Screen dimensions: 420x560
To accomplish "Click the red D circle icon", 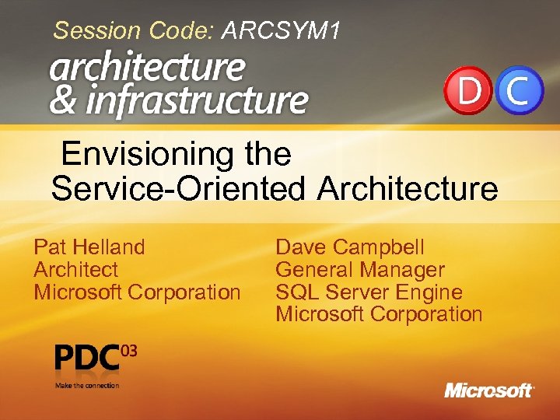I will [468, 92].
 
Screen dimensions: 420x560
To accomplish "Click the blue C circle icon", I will [520, 92].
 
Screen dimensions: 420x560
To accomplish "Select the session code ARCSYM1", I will [282, 31].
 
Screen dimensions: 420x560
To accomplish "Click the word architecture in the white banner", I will [147, 68].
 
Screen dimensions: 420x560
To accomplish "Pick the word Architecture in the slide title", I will [408, 188].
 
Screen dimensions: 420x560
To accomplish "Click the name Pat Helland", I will [89, 247].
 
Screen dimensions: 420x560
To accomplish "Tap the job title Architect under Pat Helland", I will [75, 270].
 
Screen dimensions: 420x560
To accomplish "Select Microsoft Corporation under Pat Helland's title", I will [137, 292].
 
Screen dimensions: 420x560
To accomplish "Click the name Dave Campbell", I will [350, 247].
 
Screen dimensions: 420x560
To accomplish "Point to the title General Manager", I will [360, 270].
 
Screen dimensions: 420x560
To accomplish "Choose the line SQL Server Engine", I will [369, 292].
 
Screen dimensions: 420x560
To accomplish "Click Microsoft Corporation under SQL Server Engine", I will [379, 314].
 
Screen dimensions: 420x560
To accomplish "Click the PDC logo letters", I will [88, 359].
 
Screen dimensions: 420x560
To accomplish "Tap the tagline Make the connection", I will [86, 385].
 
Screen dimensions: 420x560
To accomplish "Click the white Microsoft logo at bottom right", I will [488, 390].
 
